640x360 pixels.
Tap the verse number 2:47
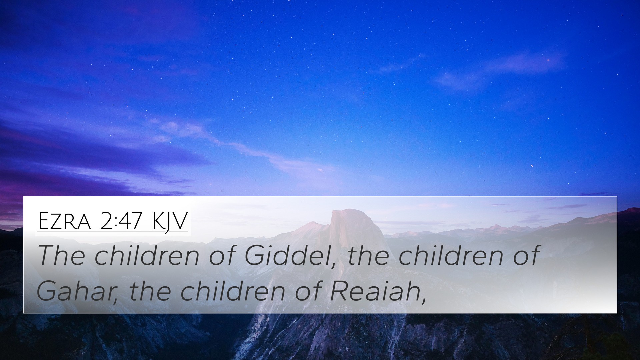pos(121,221)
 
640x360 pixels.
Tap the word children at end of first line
pos(451,255)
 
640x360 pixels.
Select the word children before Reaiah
pos(233,291)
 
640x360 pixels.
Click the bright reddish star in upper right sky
pos(548,60)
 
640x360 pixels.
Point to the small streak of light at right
pos(531,166)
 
